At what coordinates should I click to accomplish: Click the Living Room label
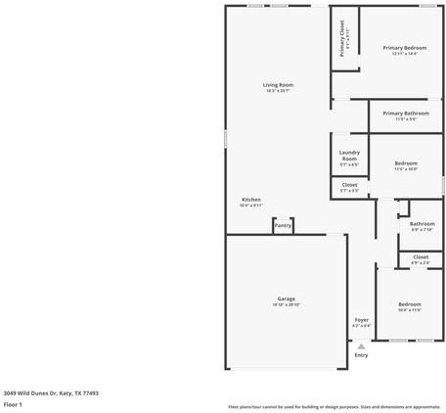(x=278, y=85)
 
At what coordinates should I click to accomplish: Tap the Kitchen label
(x=251, y=200)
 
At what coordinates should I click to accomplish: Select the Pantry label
(x=283, y=226)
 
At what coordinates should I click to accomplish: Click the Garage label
(x=286, y=298)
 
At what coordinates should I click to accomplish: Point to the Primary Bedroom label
(x=405, y=48)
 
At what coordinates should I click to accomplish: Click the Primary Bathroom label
(x=405, y=114)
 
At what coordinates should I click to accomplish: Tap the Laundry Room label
(x=349, y=155)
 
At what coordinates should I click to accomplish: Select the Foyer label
(x=361, y=320)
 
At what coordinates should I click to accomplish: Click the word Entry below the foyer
(x=361, y=355)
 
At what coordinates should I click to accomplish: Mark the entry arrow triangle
(x=361, y=345)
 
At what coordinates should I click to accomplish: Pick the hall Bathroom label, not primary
(x=423, y=224)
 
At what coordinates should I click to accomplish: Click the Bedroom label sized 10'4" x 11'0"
(x=410, y=304)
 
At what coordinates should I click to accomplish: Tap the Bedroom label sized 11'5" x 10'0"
(x=406, y=163)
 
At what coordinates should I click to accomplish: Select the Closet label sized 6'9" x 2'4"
(x=421, y=257)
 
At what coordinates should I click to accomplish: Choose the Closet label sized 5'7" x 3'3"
(x=349, y=184)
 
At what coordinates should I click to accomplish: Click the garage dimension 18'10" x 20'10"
(x=286, y=305)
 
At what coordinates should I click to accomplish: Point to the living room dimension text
(x=278, y=91)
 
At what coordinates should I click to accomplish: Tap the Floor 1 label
(x=13, y=404)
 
